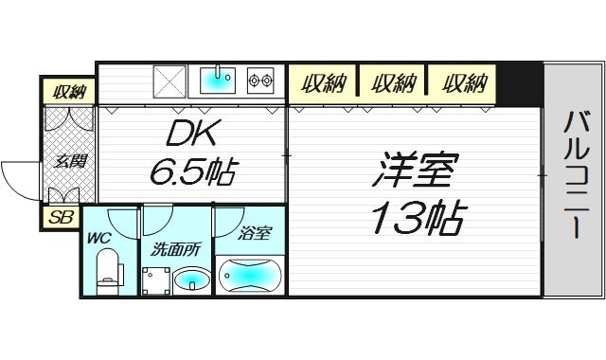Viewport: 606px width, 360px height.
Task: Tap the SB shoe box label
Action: (62, 217)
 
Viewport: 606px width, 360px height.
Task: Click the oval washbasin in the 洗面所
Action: (191, 280)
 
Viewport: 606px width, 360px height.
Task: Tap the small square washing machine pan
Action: (155, 280)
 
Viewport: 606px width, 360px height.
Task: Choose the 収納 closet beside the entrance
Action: (69, 92)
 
